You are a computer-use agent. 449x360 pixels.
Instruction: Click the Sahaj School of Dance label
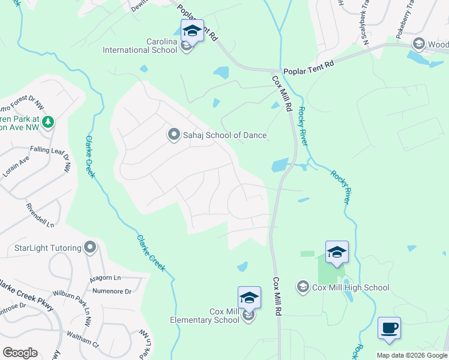tap(224, 135)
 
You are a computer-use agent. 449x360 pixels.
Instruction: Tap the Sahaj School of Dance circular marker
tap(174, 134)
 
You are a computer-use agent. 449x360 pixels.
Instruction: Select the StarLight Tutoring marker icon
tap(91, 247)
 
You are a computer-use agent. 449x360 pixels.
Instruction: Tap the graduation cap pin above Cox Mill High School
tap(337, 252)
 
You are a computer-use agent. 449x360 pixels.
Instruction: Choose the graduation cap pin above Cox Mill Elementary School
tap(249, 298)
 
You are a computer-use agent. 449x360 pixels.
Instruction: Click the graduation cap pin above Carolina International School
tap(192, 30)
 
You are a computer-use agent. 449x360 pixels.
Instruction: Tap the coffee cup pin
tap(389, 328)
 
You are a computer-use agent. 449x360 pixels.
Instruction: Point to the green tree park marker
tap(48, 122)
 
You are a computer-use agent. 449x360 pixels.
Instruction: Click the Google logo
tap(20, 353)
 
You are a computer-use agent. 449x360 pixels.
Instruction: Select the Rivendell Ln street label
tap(40, 215)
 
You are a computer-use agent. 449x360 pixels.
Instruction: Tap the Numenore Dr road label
tap(112, 292)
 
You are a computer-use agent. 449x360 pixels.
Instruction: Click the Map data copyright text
tap(411, 355)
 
